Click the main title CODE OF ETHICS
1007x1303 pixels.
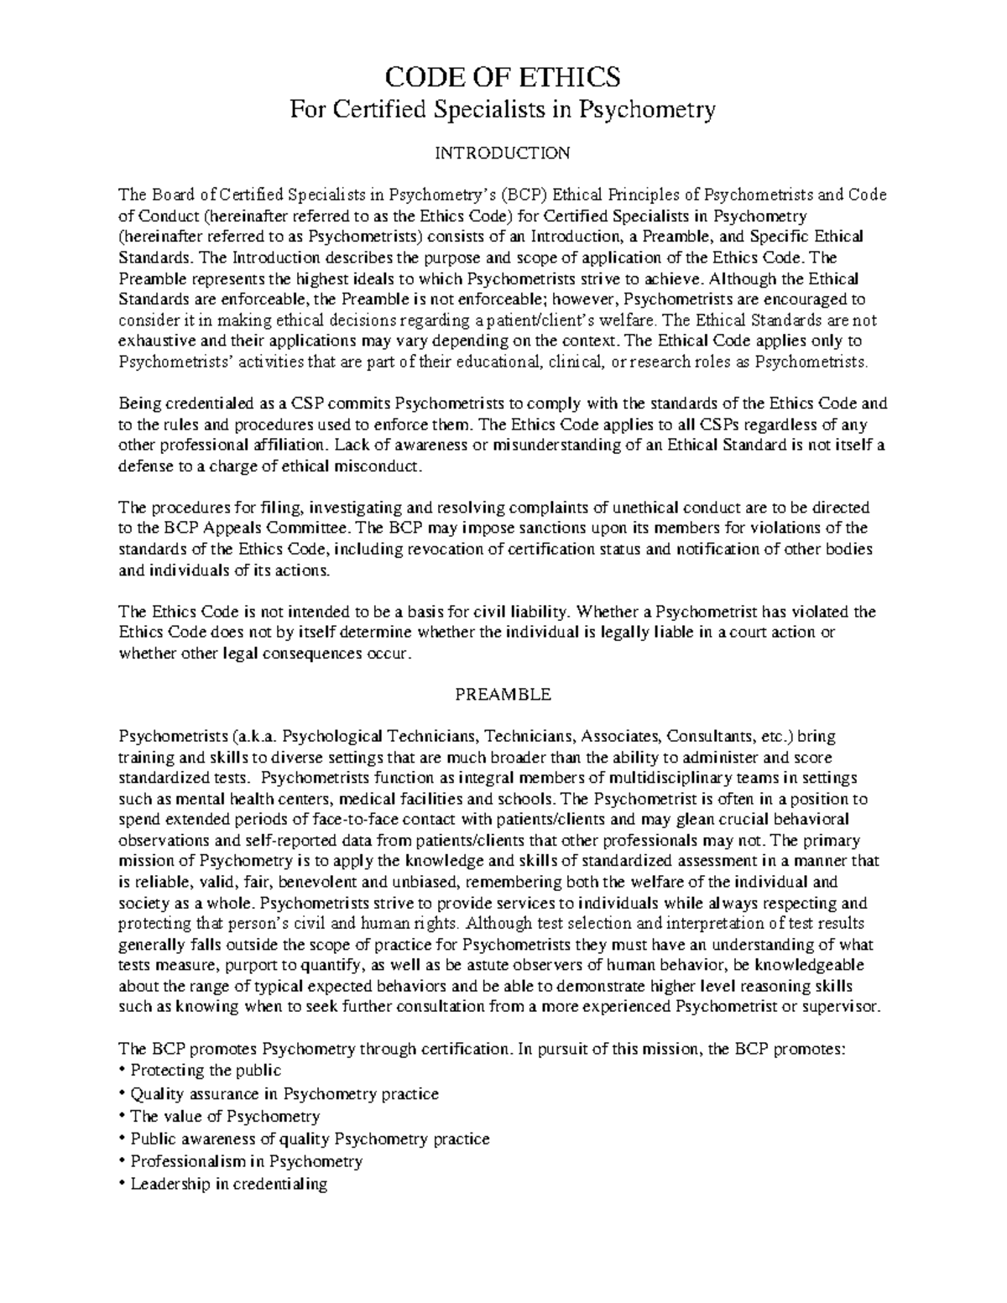tap(502, 77)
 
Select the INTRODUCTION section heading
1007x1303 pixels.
tap(502, 153)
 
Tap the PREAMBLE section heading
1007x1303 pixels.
tap(502, 695)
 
